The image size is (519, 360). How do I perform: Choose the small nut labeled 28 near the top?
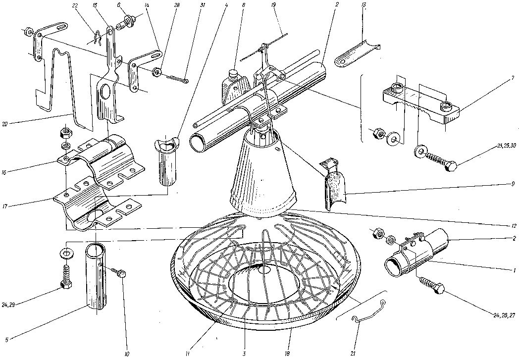coord(156,73)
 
